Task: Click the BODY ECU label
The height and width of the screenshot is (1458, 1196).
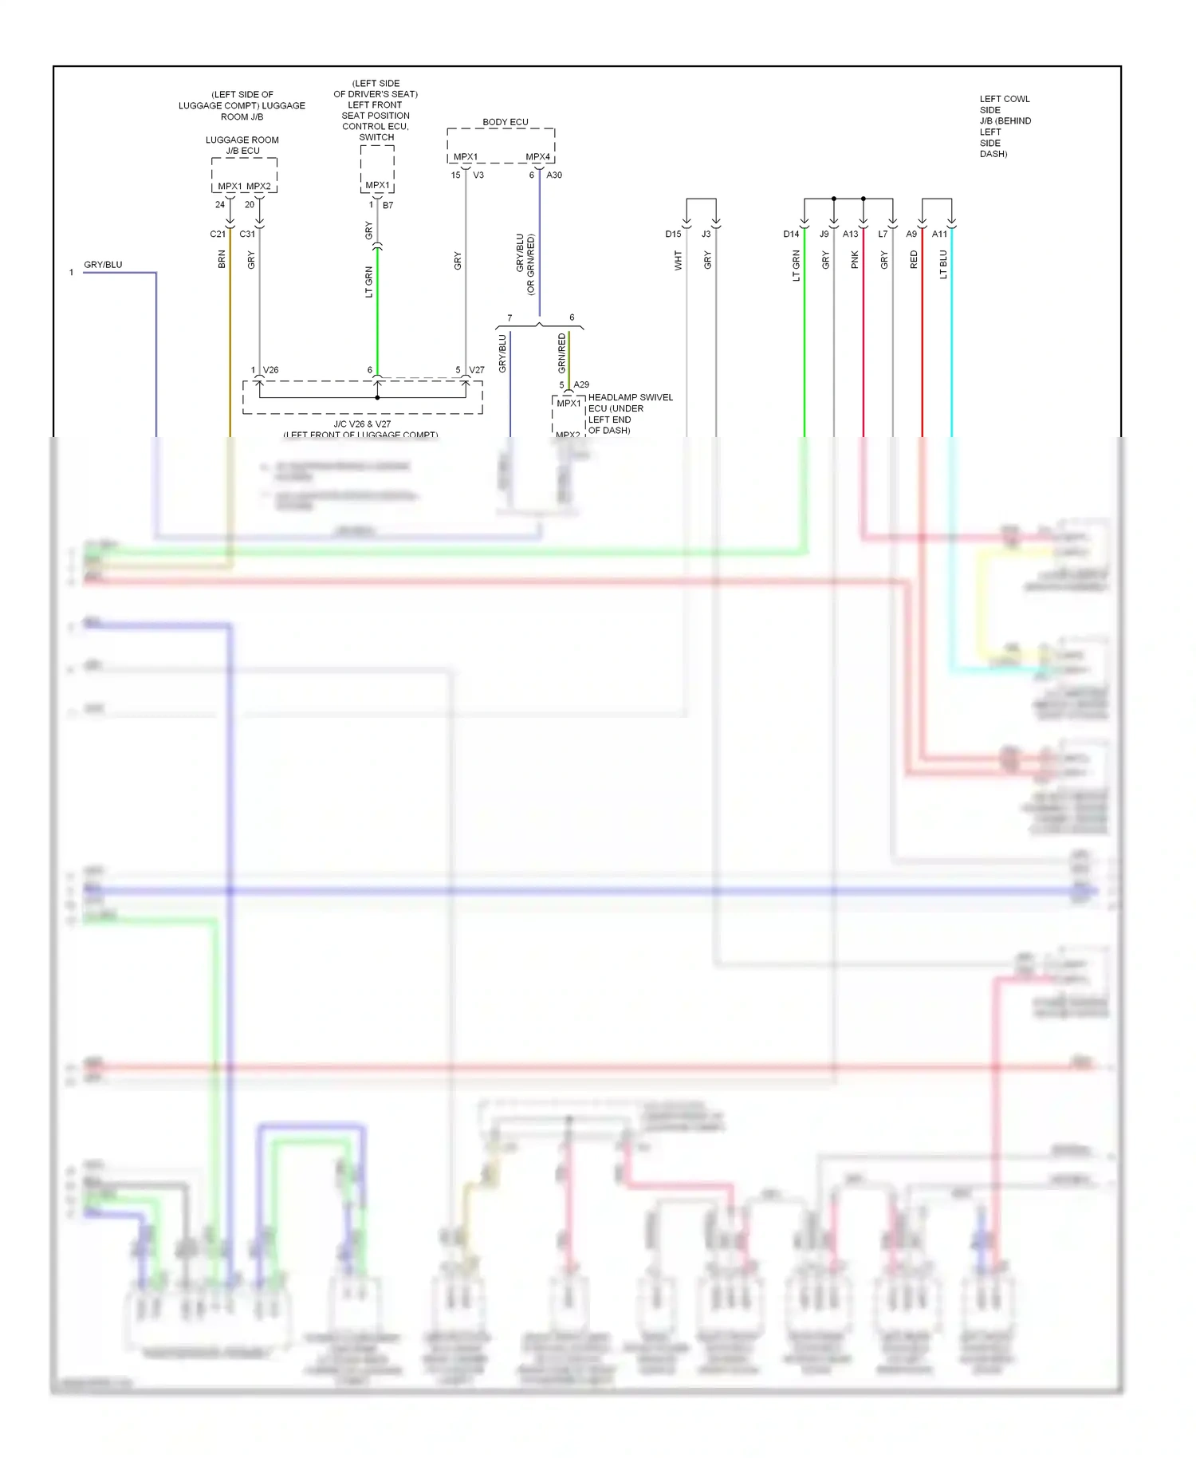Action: (x=505, y=122)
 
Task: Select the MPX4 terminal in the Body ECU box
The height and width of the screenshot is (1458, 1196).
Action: (x=537, y=157)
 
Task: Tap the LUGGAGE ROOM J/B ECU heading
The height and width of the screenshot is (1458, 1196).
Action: (x=242, y=145)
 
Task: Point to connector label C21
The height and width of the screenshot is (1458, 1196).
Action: (x=218, y=234)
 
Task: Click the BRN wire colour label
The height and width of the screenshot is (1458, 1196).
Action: (x=222, y=259)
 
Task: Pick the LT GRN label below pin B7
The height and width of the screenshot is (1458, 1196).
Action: (x=368, y=282)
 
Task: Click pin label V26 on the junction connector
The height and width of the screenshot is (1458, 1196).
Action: (x=271, y=370)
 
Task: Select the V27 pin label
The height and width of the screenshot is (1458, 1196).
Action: (x=477, y=370)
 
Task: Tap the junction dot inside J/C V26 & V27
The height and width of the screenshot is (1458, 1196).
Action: (x=377, y=397)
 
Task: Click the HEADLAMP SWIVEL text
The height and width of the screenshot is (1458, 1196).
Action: (x=630, y=397)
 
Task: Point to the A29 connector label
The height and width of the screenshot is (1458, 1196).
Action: (x=581, y=384)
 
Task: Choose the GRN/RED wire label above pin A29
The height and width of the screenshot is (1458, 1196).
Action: (x=561, y=353)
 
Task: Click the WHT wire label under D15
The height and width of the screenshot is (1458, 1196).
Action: (x=678, y=260)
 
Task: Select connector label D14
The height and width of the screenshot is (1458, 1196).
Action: (x=791, y=234)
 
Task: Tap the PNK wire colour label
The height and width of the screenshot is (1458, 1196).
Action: (x=854, y=259)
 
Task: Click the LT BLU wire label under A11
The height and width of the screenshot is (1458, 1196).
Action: (x=942, y=264)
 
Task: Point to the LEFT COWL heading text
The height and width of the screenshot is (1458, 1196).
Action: (x=1005, y=99)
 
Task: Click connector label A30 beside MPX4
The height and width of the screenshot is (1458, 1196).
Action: (x=554, y=175)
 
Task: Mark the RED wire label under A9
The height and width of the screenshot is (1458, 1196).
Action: (x=914, y=259)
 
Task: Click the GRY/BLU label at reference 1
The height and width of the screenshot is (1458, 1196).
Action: (x=103, y=265)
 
